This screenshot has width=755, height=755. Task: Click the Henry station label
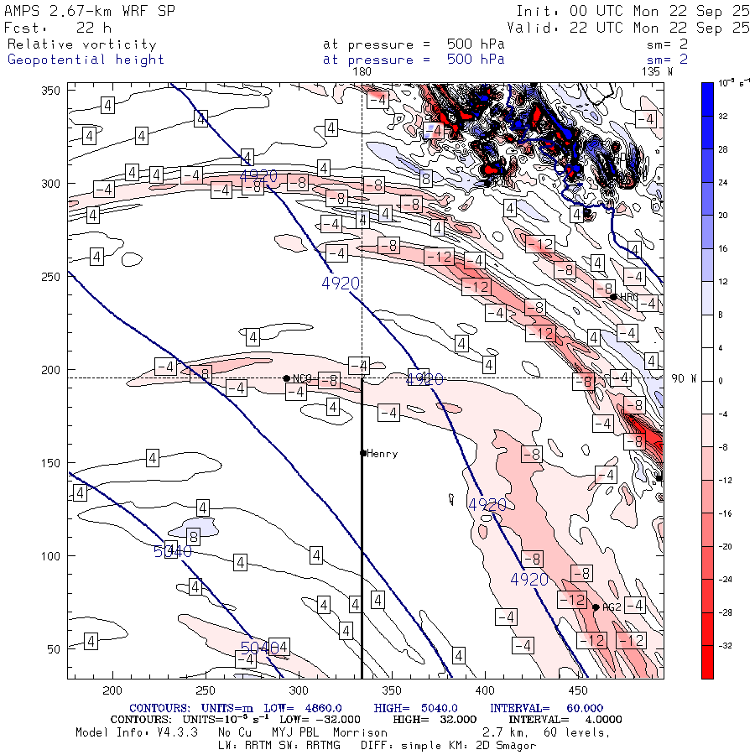(x=383, y=454)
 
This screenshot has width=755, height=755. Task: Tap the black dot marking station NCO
(x=287, y=378)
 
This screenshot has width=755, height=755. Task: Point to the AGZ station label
(x=612, y=607)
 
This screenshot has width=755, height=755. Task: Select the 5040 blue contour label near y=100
(x=173, y=551)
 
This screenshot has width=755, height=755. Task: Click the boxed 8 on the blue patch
(x=193, y=536)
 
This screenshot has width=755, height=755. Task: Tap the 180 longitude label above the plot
(x=362, y=71)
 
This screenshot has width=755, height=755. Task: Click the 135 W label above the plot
(x=657, y=71)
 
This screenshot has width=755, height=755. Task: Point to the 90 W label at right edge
(x=685, y=378)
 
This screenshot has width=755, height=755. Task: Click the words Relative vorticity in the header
(x=82, y=44)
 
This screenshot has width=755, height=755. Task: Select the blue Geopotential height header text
(x=86, y=60)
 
